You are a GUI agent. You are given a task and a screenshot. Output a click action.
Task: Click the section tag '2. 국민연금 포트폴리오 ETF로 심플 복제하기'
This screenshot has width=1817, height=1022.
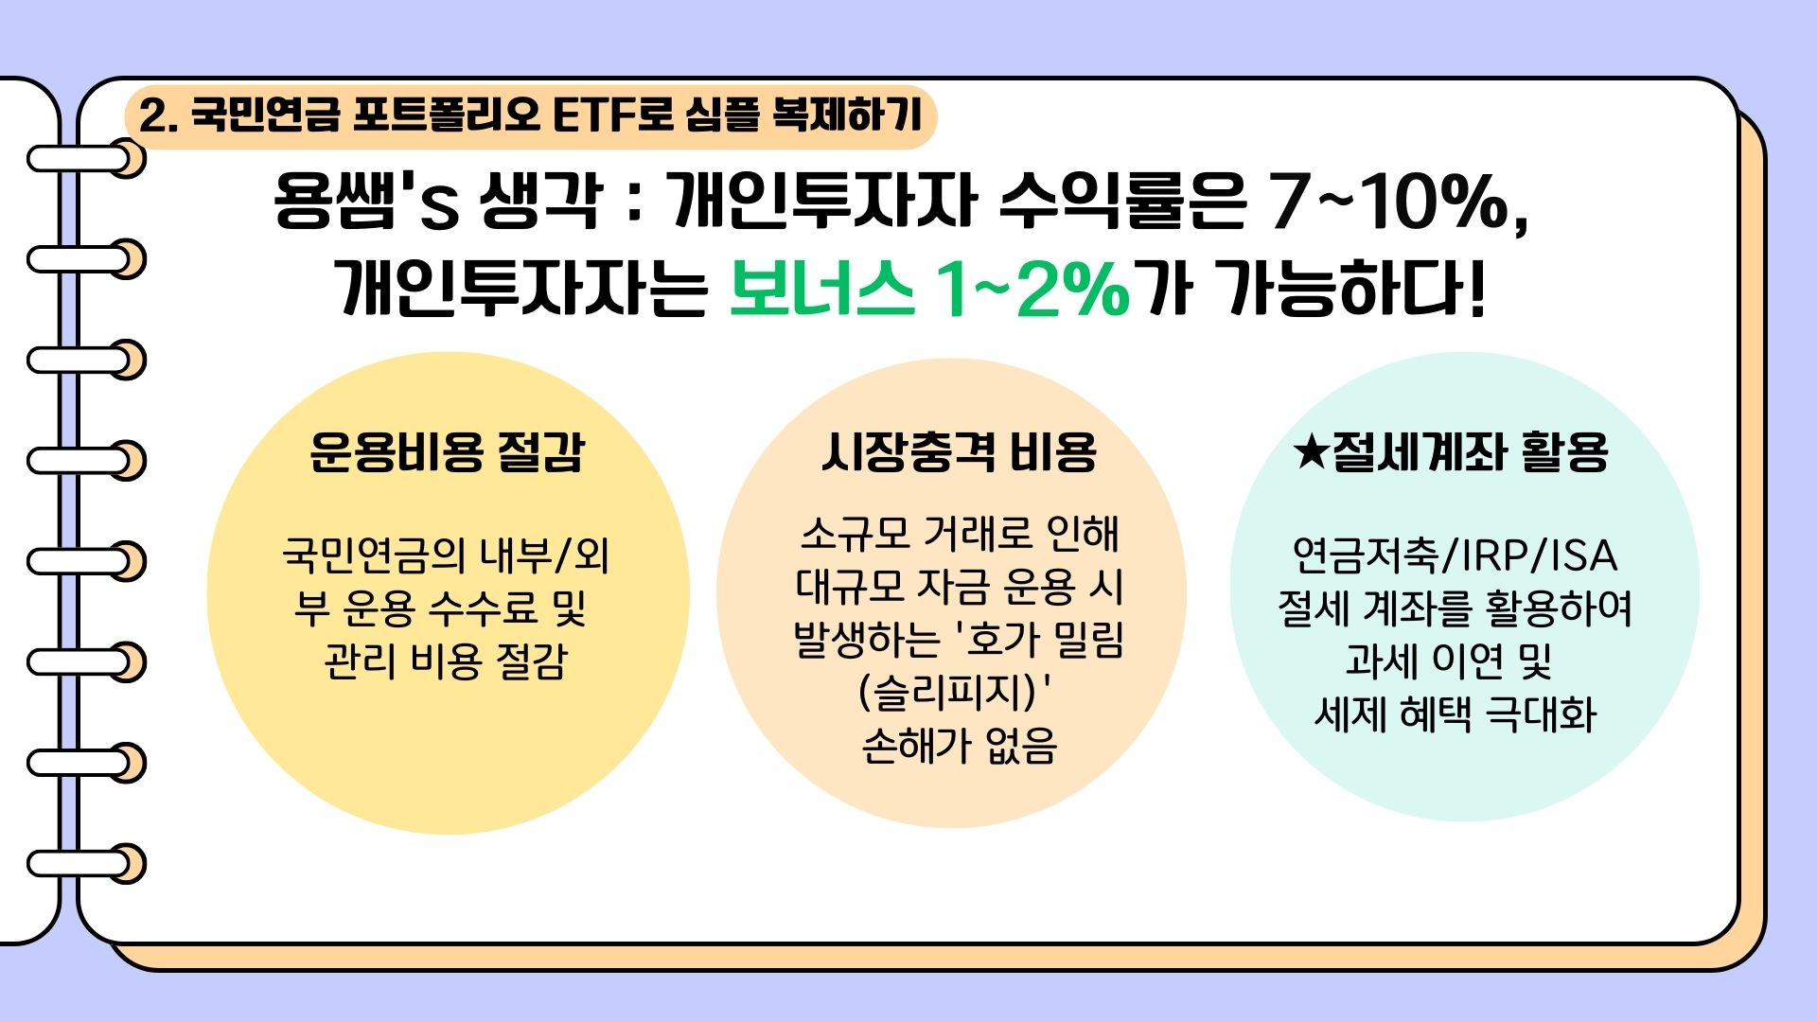tap(530, 116)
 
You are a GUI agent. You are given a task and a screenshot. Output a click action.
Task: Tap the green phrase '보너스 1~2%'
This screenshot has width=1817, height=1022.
tap(930, 288)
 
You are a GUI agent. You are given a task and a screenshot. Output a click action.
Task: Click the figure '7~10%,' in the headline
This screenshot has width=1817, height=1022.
tap(1400, 203)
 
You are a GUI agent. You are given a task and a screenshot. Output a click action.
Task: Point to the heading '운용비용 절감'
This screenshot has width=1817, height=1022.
tap(448, 451)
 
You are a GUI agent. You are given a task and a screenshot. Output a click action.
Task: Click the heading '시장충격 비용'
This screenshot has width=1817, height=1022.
tap(959, 451)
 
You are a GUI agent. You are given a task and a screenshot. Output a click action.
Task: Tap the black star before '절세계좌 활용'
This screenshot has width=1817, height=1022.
tap(1312, 451)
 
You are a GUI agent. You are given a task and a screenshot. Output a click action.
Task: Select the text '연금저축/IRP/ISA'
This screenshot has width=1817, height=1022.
tap(1455, 555)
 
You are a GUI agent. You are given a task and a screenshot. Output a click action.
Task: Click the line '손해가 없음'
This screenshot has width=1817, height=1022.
tap(959, 745)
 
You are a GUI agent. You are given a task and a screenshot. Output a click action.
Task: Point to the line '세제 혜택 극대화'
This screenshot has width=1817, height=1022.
tap(1455, 714)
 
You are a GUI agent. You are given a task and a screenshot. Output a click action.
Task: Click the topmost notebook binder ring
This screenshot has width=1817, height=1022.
tap(87, 158)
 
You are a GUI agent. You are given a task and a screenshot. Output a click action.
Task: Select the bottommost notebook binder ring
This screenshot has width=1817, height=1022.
tap(87, 863)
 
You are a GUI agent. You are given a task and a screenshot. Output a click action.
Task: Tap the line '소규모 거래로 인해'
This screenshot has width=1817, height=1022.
tap(959, 535)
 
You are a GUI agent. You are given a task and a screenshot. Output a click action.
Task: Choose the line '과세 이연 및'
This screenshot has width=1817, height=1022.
tap(1449, 661)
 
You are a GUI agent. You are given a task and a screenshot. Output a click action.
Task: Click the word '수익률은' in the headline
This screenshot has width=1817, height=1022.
tap(1122, 202)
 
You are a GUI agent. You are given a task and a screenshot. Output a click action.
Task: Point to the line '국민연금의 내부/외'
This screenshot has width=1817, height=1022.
tap(446, 555)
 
